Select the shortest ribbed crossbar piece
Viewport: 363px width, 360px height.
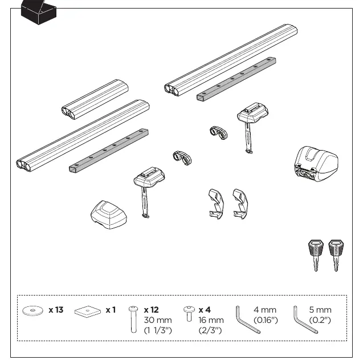[x=95, y=99]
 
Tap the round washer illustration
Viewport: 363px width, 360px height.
[x=32, y=310]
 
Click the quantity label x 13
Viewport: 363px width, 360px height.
[x=56, y=310]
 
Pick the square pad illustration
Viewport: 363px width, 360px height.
[x=88, y=312]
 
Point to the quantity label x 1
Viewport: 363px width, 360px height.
[x=111, y=310]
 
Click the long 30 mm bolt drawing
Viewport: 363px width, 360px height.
[x=133, y=319]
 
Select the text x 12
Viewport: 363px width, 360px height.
[x=151, y=310]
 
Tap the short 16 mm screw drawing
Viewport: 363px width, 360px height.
[x=189, y=314]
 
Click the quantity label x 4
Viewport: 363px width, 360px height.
[x=205, y=310]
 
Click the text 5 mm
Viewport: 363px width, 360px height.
[x=320, y=310]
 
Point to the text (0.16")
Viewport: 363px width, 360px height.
[x=266, y=320]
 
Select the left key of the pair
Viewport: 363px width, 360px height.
[x=316, y=255]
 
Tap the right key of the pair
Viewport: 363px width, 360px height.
[x=336, y=255]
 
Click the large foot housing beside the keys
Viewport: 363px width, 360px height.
[x=316, y=164]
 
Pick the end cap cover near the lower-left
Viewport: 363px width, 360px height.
[x=109, y=215]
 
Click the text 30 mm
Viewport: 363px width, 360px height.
[x=158, y=320]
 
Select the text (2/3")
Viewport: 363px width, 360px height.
[x=210, y=330]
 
